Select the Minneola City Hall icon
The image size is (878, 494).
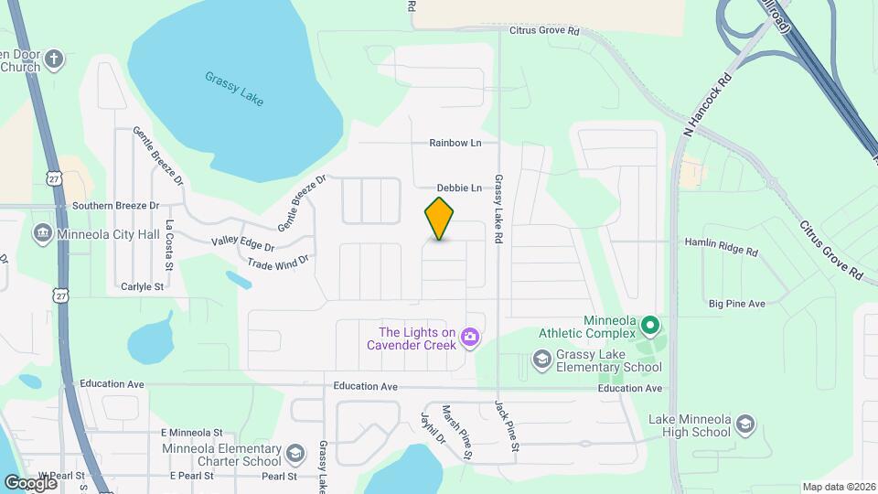tap(42, 232)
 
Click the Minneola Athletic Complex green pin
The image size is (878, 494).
tap(650, 324)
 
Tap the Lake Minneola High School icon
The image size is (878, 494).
tap(745, 424)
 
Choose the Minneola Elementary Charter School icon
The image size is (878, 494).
tap(295, 453)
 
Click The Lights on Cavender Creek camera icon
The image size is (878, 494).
tap(470, 338)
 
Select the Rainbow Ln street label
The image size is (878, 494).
tap(455, 144)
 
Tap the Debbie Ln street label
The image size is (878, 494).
tap(459, 188)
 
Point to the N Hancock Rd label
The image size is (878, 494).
tap(709, 106)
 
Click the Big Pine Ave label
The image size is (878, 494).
tap(736, 303)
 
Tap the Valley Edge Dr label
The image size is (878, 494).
tap(242, 245)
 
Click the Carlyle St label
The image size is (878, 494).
tap(142, 286)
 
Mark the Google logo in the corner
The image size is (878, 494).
tap(30, 482)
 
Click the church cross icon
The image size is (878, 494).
tap(54, 59)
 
